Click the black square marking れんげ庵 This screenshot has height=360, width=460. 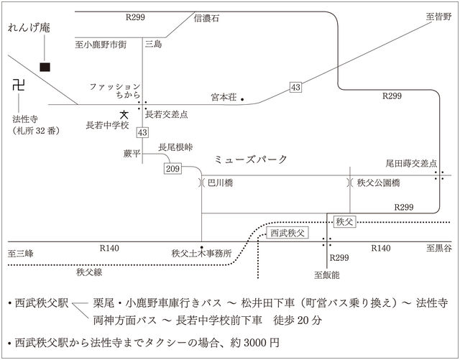[45, 68]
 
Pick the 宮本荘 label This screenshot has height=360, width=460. [224, 97]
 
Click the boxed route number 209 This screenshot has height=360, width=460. [172, 168]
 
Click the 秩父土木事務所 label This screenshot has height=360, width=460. [202, 254]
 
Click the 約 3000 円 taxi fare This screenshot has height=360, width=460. [255, 343]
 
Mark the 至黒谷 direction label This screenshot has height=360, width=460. [438, 249]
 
